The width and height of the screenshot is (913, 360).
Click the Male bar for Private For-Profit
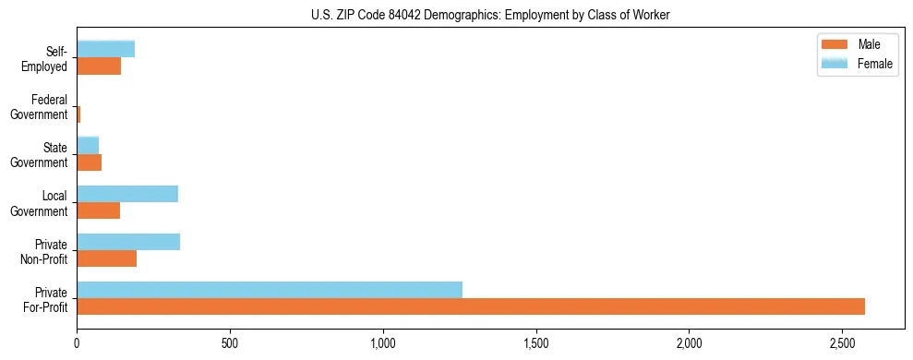[x=471, y=306]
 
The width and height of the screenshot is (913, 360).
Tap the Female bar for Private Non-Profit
[x=128, y=242]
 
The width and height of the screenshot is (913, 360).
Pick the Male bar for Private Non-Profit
[x=107, y=258]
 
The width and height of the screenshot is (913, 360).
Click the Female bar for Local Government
[x=127, y=194]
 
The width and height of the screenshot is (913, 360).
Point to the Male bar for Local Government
[x=99, y=210]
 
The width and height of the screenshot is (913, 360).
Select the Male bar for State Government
[x=90, y=162]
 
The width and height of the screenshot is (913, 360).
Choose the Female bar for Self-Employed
[x=106, y=49]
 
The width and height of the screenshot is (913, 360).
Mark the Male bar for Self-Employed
[x=99, y=66]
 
